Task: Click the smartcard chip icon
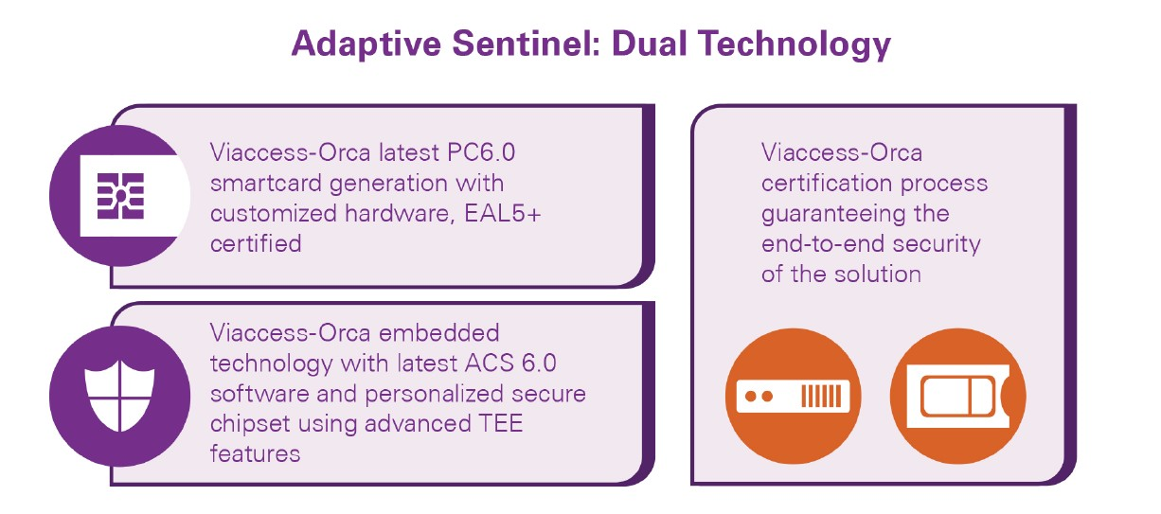(120, 196)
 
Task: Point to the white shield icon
(119, 397)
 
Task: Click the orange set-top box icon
(793, 397)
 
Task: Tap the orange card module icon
(957, 397)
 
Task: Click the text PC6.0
(481, 152)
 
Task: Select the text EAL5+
(502, 214)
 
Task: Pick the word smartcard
(266, 184)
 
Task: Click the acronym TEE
(501, 424)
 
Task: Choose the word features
(255, 454)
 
